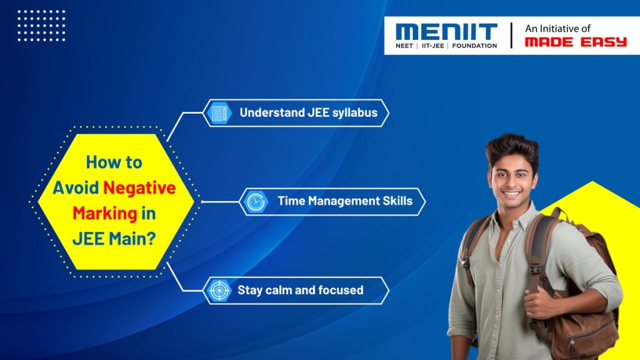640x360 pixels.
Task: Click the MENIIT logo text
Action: click(x=446, y=32)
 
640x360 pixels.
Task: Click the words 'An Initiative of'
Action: click(x=557, y=28)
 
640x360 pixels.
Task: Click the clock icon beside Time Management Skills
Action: click(x=255, y=201)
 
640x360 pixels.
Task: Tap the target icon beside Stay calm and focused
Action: click(x=219, y=290)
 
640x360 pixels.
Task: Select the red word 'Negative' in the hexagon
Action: click(x=140, y=187)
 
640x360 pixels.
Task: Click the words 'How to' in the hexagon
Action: click(x=114, y=162)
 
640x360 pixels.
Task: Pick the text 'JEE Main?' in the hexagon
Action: click(x=114, y=238)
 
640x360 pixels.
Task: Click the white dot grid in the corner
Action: click(x=41, y=26)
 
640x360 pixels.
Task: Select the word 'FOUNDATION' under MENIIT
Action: click(x=474, y=46)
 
